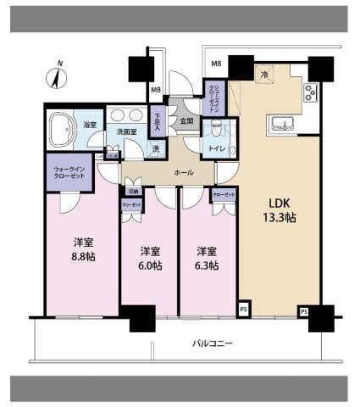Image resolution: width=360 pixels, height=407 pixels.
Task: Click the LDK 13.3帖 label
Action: [280, 210]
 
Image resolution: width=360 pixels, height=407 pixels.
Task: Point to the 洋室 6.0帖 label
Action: [149, 258]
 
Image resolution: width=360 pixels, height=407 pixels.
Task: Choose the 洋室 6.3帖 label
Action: [208, 258]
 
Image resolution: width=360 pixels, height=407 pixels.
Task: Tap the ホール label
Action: [182, 172]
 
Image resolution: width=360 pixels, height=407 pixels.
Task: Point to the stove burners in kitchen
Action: [310, 94]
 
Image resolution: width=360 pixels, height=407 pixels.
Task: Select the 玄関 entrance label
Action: [186, 121]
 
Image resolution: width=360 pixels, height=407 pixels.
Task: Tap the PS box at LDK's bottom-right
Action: [303, 312]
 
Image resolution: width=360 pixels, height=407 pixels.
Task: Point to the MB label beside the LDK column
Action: [216, 64]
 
